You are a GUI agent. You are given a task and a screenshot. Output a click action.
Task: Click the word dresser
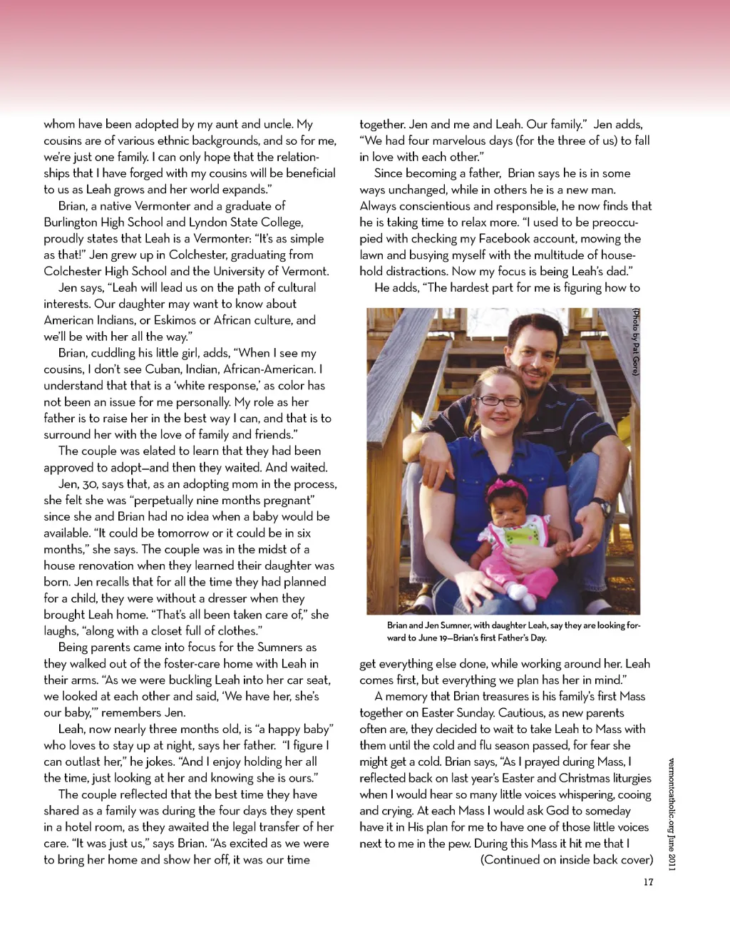tap(225, 599)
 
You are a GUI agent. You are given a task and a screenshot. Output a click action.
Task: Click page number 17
tap(648, 882)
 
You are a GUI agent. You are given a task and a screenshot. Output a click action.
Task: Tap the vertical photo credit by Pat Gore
tap(636, 342)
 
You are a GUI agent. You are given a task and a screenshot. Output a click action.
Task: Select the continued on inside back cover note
tap(567, 860)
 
